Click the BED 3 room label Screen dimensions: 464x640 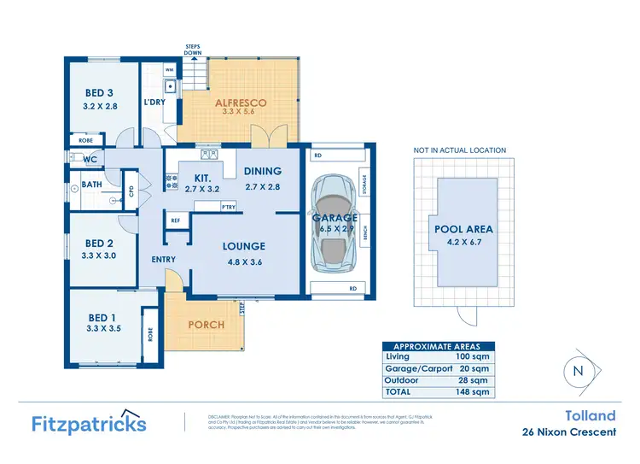99,92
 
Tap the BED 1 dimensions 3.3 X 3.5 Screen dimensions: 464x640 104,326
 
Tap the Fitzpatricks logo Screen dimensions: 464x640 89,423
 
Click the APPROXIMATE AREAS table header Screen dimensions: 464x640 437,347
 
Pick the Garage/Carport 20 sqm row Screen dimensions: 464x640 437,368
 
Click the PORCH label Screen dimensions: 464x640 206,325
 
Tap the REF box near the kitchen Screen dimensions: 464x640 177,220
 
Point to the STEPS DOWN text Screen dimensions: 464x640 193,49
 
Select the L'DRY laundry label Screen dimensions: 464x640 154,103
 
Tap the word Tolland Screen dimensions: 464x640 590,416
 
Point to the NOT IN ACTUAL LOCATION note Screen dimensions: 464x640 459,150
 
